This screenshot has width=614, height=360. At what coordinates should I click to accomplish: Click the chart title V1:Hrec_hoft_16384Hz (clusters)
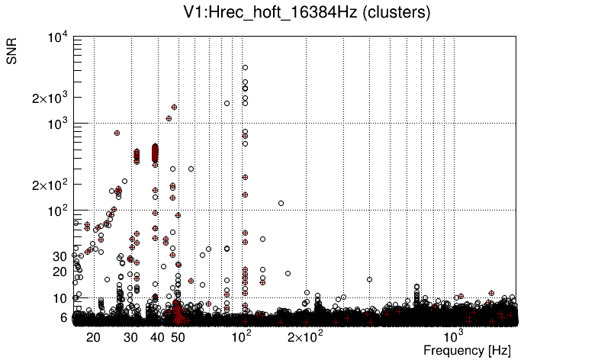pos(307,13)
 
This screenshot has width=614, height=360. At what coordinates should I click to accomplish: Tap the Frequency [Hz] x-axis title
pos(467,350)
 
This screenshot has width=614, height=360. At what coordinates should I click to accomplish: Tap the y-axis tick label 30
pos(59,256)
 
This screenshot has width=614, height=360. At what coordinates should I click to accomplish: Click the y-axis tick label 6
pos(63,317)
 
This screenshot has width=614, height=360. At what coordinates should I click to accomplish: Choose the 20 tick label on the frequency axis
pos(94,336)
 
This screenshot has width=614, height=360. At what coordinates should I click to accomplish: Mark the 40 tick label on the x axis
pos(156,336)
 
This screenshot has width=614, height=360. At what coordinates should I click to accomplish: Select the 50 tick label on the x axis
pos(177,336)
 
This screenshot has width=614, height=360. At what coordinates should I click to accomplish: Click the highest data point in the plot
pos(245,68)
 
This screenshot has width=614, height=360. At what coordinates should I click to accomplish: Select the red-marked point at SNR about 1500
pos(175,108)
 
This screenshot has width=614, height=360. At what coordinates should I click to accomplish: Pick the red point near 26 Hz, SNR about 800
pos(117,133)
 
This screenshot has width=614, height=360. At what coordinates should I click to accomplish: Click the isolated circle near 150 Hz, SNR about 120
pos(281,203)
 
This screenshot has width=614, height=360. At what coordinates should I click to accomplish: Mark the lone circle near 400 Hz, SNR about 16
pos(370,279)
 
